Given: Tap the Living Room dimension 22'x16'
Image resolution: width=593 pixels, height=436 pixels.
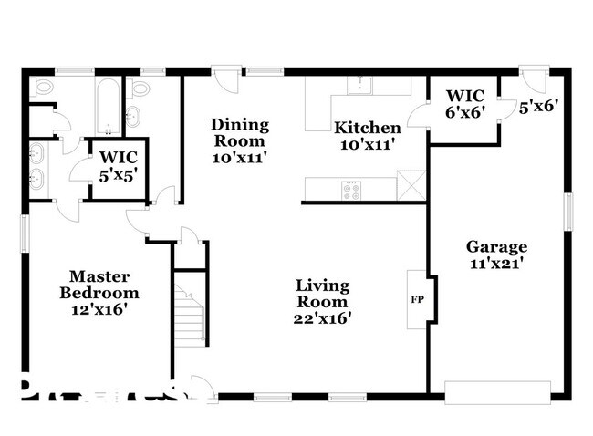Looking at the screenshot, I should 322,318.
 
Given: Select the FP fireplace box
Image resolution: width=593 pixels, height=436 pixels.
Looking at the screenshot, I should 417,298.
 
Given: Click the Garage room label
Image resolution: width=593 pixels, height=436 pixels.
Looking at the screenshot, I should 496,246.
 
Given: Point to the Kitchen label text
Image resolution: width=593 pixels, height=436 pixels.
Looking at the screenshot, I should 367,128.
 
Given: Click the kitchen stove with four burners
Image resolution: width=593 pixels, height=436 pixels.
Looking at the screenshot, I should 351,190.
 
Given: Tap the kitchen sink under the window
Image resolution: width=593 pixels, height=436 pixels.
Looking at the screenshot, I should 360,86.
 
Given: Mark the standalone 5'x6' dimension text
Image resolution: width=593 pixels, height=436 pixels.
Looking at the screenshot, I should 537,106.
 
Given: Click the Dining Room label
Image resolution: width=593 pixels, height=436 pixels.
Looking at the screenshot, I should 239,132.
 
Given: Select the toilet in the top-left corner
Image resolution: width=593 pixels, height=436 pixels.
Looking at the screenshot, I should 43,88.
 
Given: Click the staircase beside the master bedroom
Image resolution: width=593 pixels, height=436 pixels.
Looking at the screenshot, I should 189,311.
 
